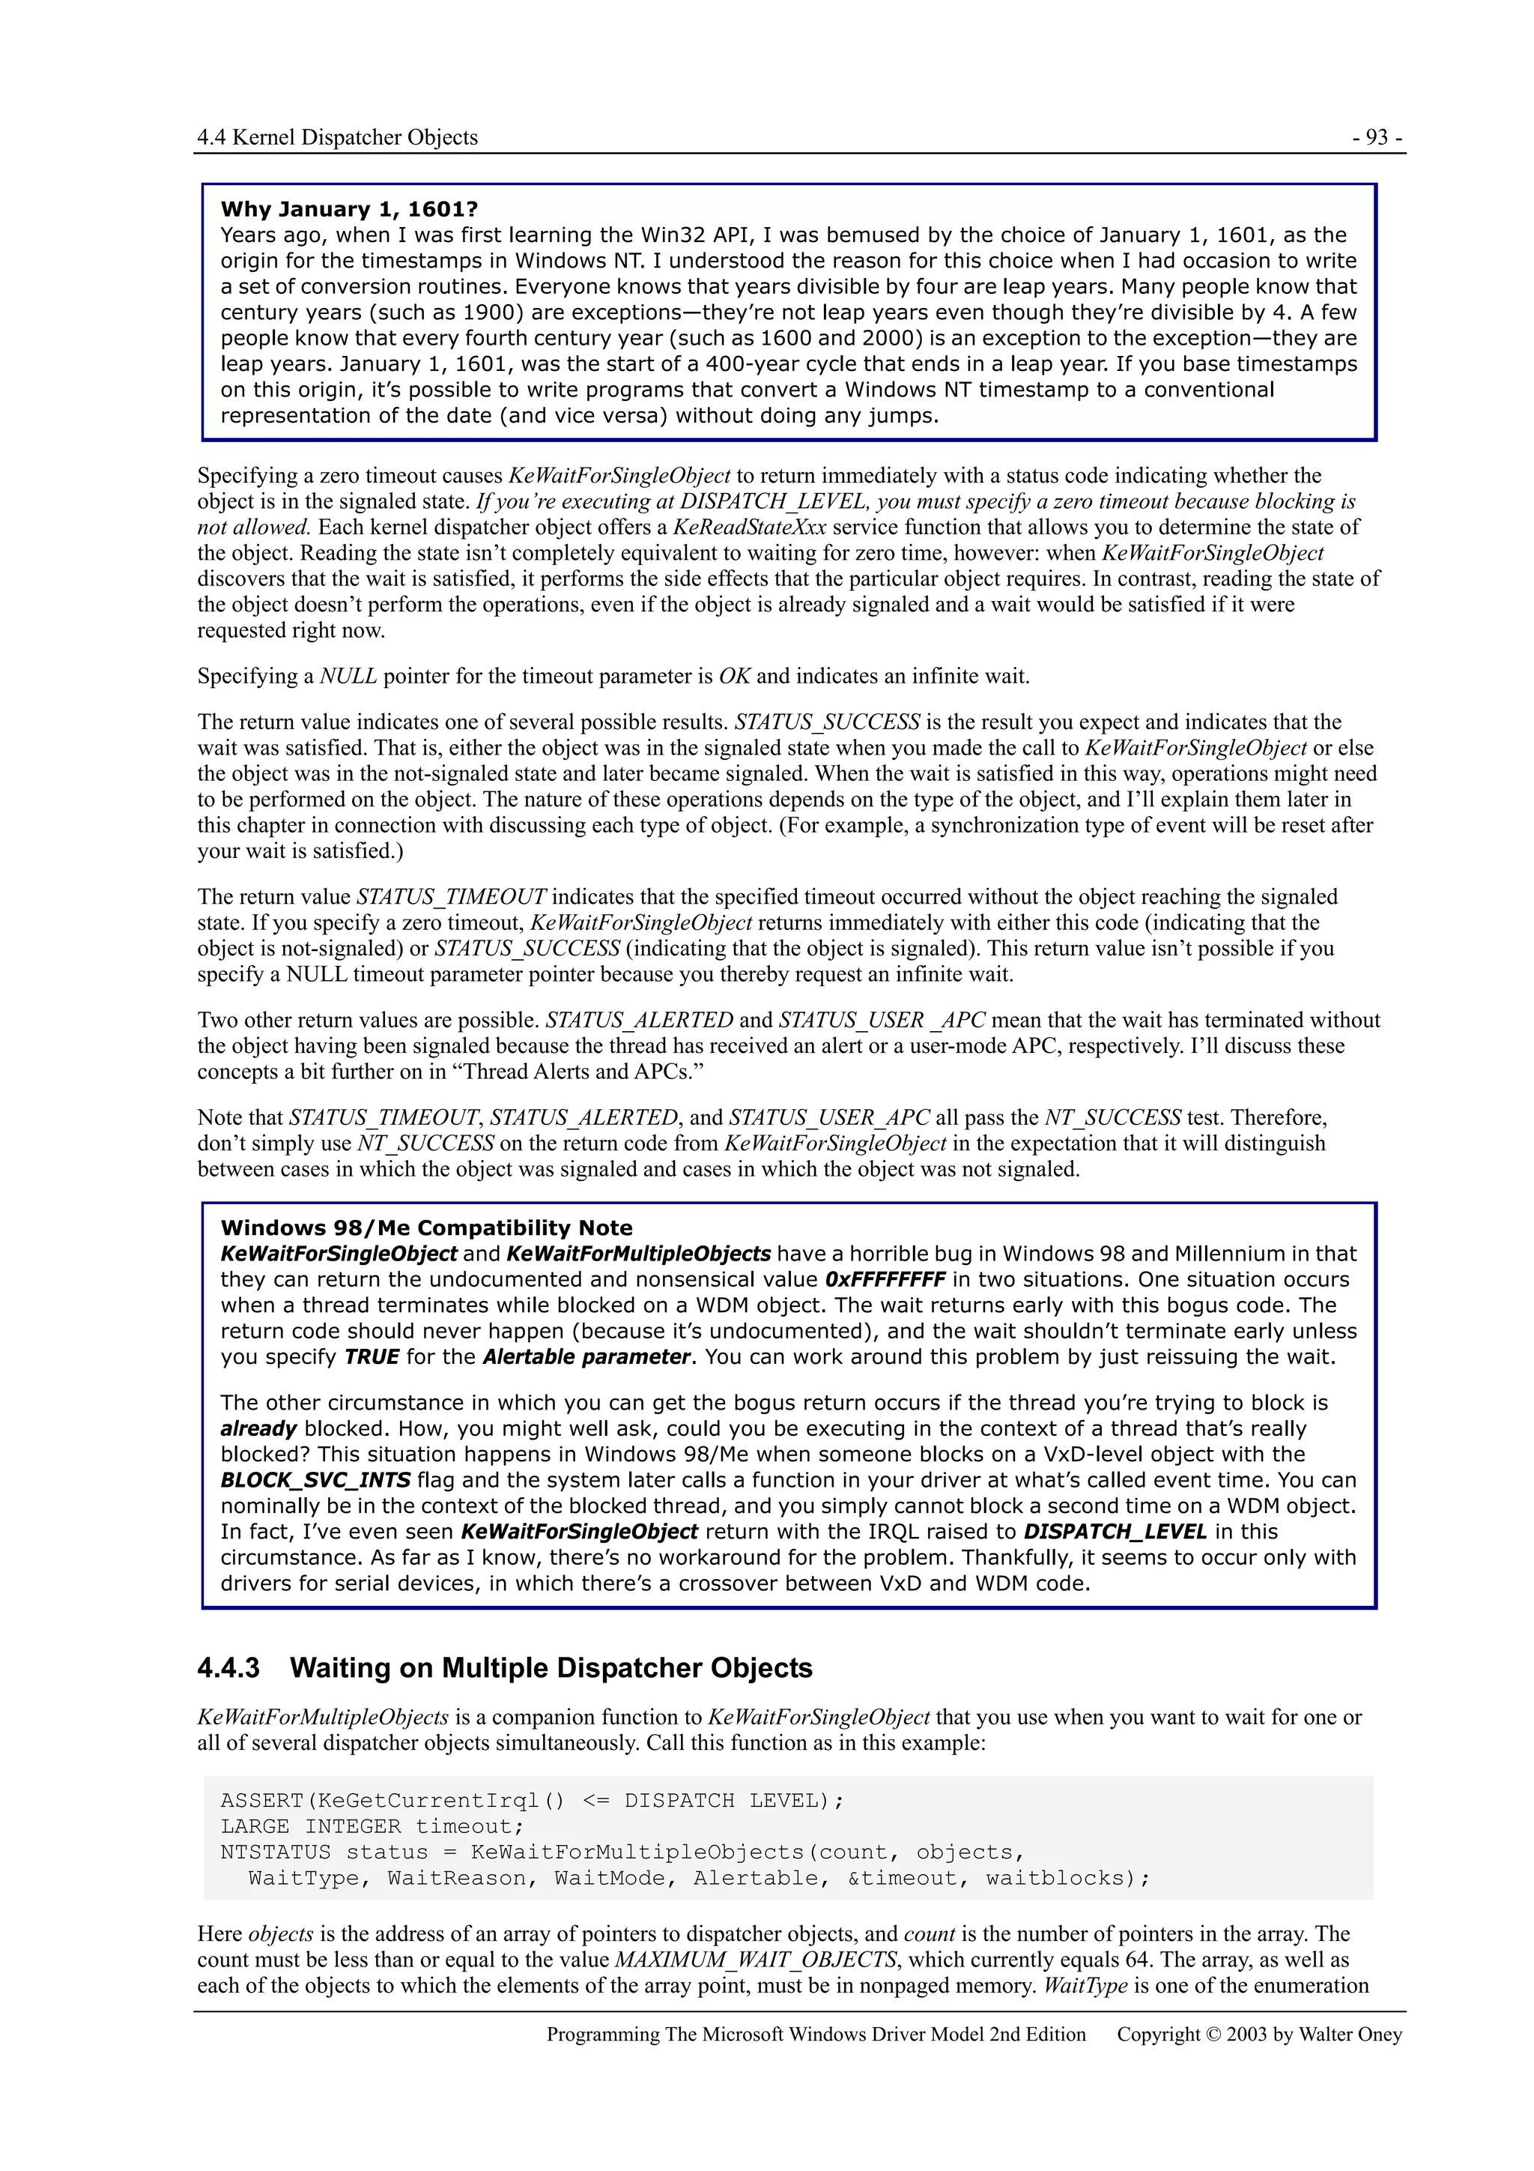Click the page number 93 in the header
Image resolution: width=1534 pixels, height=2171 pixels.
click(x=1377, y=138)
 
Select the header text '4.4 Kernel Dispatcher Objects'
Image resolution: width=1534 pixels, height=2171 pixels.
click(x=337, y=138)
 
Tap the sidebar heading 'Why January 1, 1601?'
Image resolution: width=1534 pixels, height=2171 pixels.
click(x=349, y=209)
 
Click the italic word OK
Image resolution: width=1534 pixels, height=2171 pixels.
click(x=734, y=676)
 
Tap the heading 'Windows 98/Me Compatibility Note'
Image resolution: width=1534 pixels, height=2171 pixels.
click(x=426, y=1228)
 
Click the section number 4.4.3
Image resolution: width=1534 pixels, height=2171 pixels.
click(x=228, y=1668)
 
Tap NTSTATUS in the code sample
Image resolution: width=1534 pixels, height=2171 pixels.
click(x=275, y=1852)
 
